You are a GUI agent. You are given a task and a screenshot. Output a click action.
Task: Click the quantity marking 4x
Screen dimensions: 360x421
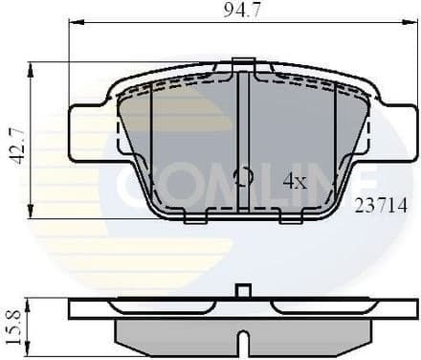(x=295, y=179)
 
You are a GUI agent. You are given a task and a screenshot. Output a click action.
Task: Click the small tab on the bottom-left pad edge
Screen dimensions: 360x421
(x=194, y=218)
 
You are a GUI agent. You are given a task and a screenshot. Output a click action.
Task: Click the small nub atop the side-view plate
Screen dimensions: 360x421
(x=243, y=291)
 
